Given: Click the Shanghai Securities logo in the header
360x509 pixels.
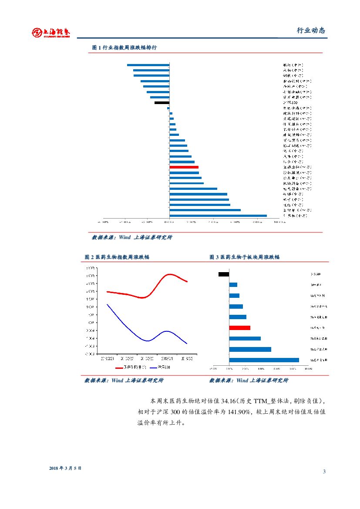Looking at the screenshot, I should point(51,33).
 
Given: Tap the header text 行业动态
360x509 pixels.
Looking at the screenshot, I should point(311,30).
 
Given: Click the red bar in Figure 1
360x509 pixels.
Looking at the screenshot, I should point(184,167).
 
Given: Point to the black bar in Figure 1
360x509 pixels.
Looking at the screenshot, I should point(161,103).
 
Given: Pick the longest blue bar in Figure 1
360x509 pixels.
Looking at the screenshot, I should point(218,216).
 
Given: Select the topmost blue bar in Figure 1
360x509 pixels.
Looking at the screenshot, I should point(148,65).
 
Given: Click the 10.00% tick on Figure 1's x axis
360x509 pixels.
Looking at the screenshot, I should point(279,222).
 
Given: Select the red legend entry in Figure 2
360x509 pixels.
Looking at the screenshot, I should point(131,367).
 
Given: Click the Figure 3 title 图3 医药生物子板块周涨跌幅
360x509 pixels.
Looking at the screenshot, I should point(244,257).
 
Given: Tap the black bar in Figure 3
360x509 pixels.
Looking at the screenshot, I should point(224,274).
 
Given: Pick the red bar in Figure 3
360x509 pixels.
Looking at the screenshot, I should point(239,328).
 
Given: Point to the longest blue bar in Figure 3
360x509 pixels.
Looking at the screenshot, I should point(264,360).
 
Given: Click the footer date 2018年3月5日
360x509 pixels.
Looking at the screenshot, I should point(65,468).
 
